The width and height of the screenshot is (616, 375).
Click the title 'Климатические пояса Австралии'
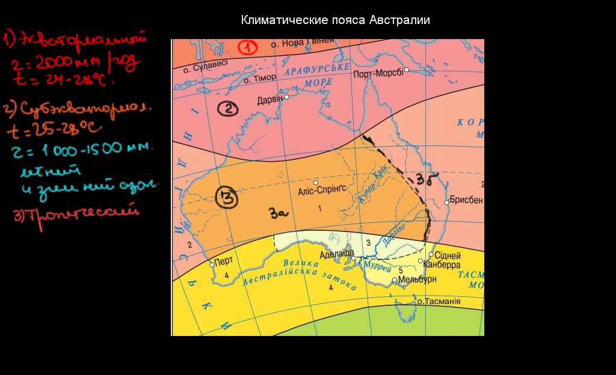335,20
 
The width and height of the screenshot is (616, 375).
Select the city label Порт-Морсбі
378,74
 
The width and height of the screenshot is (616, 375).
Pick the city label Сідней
448,255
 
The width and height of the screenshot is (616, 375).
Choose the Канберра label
442,264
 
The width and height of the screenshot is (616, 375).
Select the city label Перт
224,262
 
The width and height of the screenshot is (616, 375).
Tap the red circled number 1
247,47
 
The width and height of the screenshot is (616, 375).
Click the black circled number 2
228,109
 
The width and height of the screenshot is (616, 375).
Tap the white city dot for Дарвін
287,97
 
